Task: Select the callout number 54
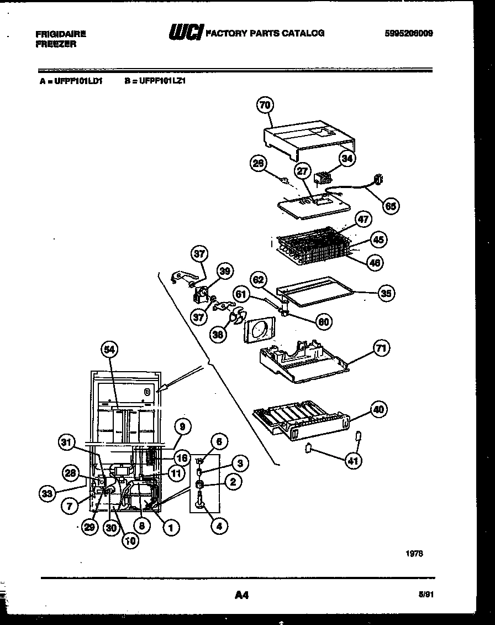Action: (x=110, y=349)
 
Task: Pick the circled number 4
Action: (x=219, y=527)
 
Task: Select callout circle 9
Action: (x=182, y=426)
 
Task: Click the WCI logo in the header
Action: (x=186, y=33)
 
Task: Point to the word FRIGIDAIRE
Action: (x=61, y=34)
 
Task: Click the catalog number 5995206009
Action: (x=409, y=33)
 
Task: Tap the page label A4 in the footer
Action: (x=242, y=595)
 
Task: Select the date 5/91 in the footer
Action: (x=425, y=595)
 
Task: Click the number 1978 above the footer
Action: (x=414, y=553)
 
